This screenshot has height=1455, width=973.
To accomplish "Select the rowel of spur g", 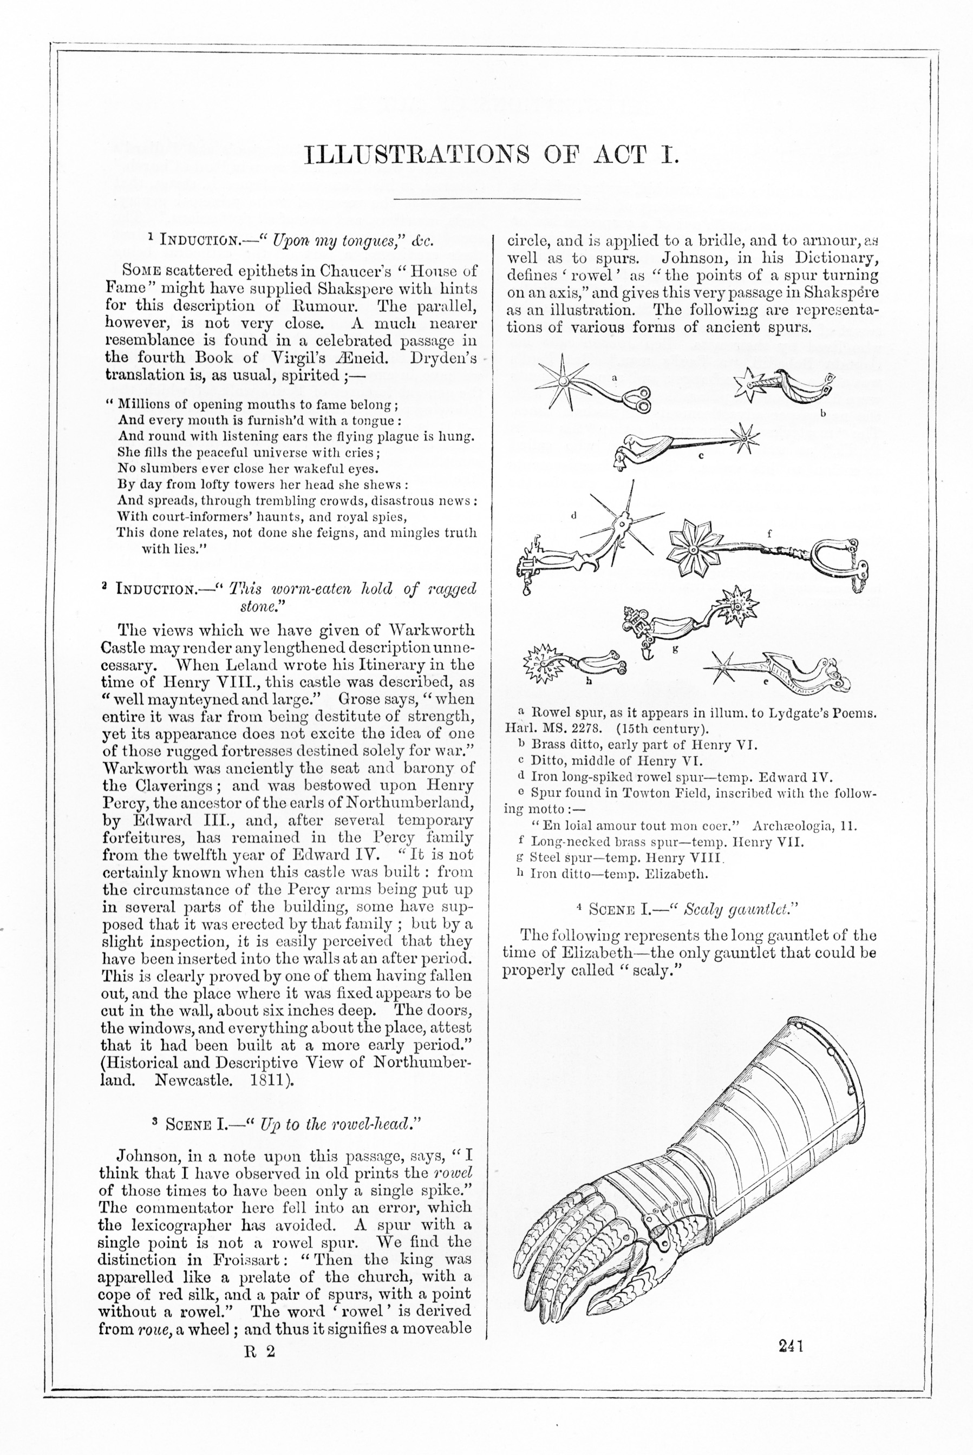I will pos(737,605).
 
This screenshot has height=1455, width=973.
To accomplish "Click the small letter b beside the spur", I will pos(824,413).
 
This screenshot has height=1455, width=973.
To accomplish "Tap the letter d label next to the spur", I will pos(574,514).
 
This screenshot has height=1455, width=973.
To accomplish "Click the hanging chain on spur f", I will pos(858,571).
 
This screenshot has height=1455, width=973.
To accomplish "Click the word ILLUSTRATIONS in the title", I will pos(417,155).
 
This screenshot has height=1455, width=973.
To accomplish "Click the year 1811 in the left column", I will pos(268,1080).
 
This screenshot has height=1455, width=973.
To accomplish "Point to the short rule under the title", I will pos(486,199).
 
